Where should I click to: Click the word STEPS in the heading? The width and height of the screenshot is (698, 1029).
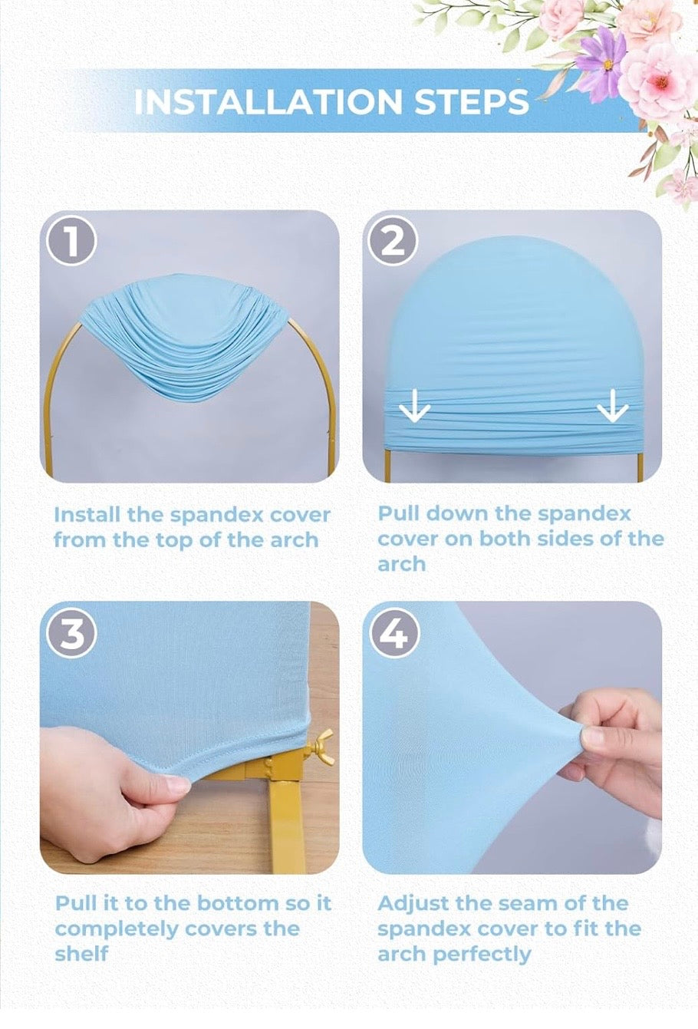pyautogui.click(x=472, y=101)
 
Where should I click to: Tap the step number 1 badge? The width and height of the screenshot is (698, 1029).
pyautogui.click(x=71, y=242)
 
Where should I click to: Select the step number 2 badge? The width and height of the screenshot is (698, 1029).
pyautogui.click(x=393, y=242)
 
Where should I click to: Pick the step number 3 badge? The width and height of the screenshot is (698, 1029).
pyautogui.click(x=71, y=635)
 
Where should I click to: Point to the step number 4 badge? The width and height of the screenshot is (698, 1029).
pyautogui.click(x=393, y=635)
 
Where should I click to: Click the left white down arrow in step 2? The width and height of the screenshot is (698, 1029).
pyautogui.click(x=415, y=407)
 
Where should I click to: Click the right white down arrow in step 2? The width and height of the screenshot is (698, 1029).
pyautogui.click(x=613, y=407)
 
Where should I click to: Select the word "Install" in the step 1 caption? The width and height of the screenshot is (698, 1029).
pyautogui.click(x=87, y=514)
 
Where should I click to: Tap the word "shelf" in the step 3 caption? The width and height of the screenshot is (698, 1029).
pyautogui.click(x=81, y=954)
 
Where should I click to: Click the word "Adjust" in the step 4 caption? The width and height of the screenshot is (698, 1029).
pyautogui.click(x=412, y=904)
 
